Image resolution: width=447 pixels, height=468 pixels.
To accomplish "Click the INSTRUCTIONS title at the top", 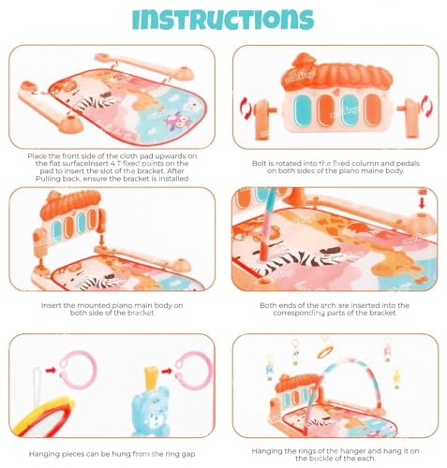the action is coord(223,20).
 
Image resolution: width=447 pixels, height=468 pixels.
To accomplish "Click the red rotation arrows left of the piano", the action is coord(246,108).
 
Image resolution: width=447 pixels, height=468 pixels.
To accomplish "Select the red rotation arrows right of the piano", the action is coord(427,107).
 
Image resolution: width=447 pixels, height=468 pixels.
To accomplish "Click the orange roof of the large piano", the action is coord(337,74).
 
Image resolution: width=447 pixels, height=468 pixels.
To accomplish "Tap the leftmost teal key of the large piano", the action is coord(302,110).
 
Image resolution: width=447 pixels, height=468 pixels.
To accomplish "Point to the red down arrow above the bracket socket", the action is coord(422,201).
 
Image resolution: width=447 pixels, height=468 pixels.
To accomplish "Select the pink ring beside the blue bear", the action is coord(193,371).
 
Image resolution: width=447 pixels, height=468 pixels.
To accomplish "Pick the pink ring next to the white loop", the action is coord(78,370).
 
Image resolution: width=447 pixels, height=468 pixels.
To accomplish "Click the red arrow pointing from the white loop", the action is coord(51,371).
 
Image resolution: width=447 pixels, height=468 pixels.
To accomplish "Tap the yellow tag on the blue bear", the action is coord(151,377).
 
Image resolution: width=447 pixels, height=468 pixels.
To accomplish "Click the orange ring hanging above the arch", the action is coord(325,352).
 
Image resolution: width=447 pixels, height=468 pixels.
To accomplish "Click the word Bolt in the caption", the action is coord(259,164).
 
